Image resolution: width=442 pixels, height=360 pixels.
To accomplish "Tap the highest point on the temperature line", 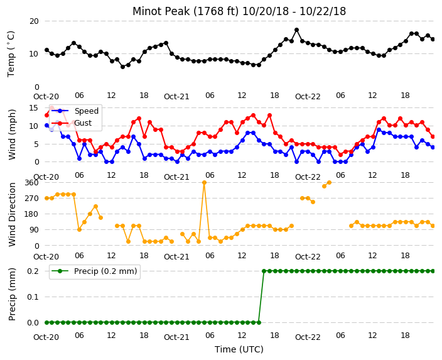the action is click(296, 30).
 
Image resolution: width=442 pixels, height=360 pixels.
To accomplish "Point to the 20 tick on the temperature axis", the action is click(34, 21).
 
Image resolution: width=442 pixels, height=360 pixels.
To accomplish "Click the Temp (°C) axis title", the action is click(11, 54).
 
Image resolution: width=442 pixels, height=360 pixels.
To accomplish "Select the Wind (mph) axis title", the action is click(12, 134).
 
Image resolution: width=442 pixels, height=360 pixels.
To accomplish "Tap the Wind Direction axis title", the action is click(12, 214).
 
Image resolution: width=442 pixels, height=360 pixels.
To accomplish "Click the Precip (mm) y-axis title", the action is click(12, 294).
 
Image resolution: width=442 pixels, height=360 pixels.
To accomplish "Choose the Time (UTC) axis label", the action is click(239, 349).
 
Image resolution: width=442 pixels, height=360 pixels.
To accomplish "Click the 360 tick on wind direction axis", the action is click(31, 183).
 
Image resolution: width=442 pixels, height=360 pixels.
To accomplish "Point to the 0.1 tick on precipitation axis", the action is click(33, 297).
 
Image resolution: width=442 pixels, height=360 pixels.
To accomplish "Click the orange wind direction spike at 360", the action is click(205, 183).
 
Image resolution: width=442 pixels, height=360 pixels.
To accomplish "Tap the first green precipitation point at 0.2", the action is click(264, 271).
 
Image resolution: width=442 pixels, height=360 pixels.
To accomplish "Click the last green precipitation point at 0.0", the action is click(259, 322).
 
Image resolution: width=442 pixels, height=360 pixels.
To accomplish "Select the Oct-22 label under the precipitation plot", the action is click(308, 337).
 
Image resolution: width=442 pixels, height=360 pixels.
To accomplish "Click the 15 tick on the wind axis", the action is click(33, 108).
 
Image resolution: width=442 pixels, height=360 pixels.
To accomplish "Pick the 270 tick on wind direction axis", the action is click(31, 199).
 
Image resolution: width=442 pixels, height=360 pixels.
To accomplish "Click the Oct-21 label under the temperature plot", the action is click(176, 97).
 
